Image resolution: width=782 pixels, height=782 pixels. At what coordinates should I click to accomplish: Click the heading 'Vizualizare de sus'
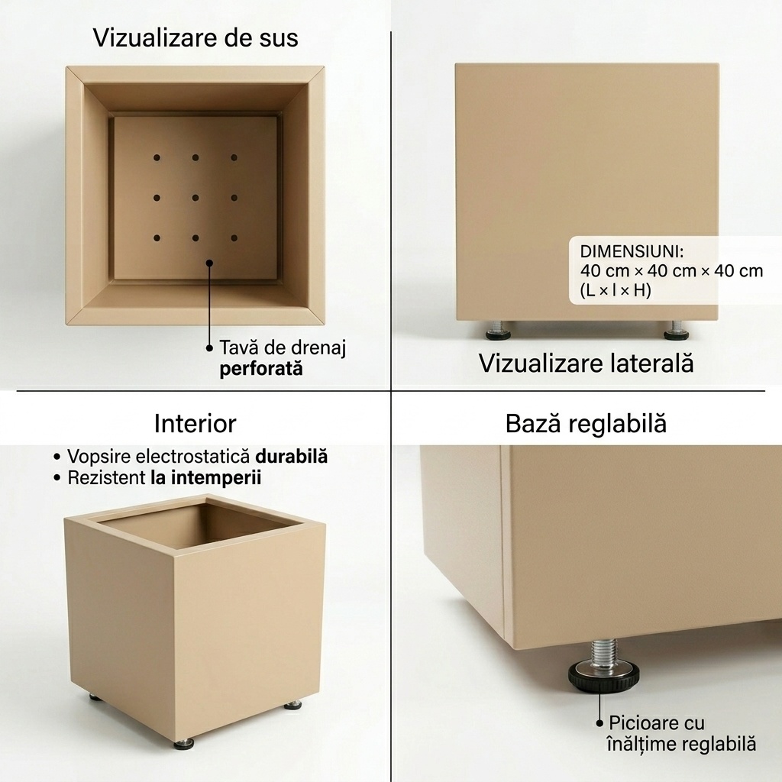[195, 38]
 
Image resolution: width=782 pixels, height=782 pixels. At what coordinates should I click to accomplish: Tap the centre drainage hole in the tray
[195, 198]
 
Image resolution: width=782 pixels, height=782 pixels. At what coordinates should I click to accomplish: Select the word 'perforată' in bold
[261, 370]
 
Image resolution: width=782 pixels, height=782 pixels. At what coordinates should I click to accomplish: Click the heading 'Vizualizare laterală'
[586, 363]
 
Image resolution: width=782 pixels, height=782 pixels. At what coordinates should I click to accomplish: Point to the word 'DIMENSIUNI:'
[632, 251]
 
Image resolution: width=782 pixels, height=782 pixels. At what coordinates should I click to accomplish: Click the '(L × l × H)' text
[616, 289]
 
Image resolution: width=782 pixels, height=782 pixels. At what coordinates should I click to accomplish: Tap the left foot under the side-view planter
[498, 331]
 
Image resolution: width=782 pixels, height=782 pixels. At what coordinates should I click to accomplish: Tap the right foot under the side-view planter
[677, 331]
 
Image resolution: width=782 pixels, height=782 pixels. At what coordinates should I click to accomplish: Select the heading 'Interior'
[195, 424]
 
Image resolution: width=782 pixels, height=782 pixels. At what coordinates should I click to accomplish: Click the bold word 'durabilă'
[291, 457]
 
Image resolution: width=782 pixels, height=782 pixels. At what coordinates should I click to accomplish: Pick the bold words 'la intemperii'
[206, 478]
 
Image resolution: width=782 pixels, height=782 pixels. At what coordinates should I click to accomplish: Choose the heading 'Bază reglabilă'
[586, 424]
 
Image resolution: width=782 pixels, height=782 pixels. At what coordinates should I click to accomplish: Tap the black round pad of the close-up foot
[603, 678]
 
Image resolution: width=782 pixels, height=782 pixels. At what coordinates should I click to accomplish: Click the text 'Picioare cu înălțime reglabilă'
[682, 733]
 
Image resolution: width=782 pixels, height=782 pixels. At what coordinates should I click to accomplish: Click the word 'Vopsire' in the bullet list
[99, 457]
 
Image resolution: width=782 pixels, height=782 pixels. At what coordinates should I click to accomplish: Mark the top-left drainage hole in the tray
[157, 157]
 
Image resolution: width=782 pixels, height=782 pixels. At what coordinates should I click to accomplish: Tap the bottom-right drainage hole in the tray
[234, 238]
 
